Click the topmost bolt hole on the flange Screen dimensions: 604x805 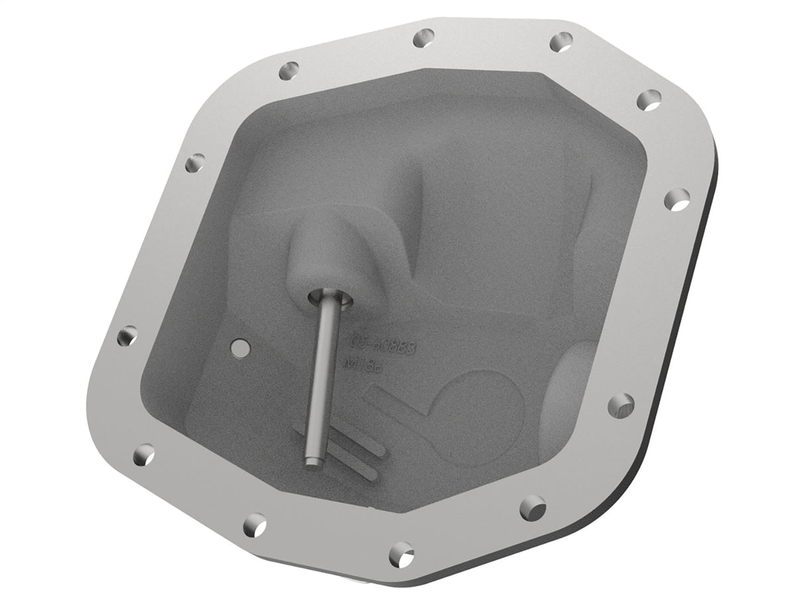(422, 38)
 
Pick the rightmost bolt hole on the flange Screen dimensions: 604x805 (676, 199)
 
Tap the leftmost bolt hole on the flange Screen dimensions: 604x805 (127, 336)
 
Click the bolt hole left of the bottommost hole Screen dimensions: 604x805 (254, 524)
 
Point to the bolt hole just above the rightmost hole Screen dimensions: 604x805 (649, 100)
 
